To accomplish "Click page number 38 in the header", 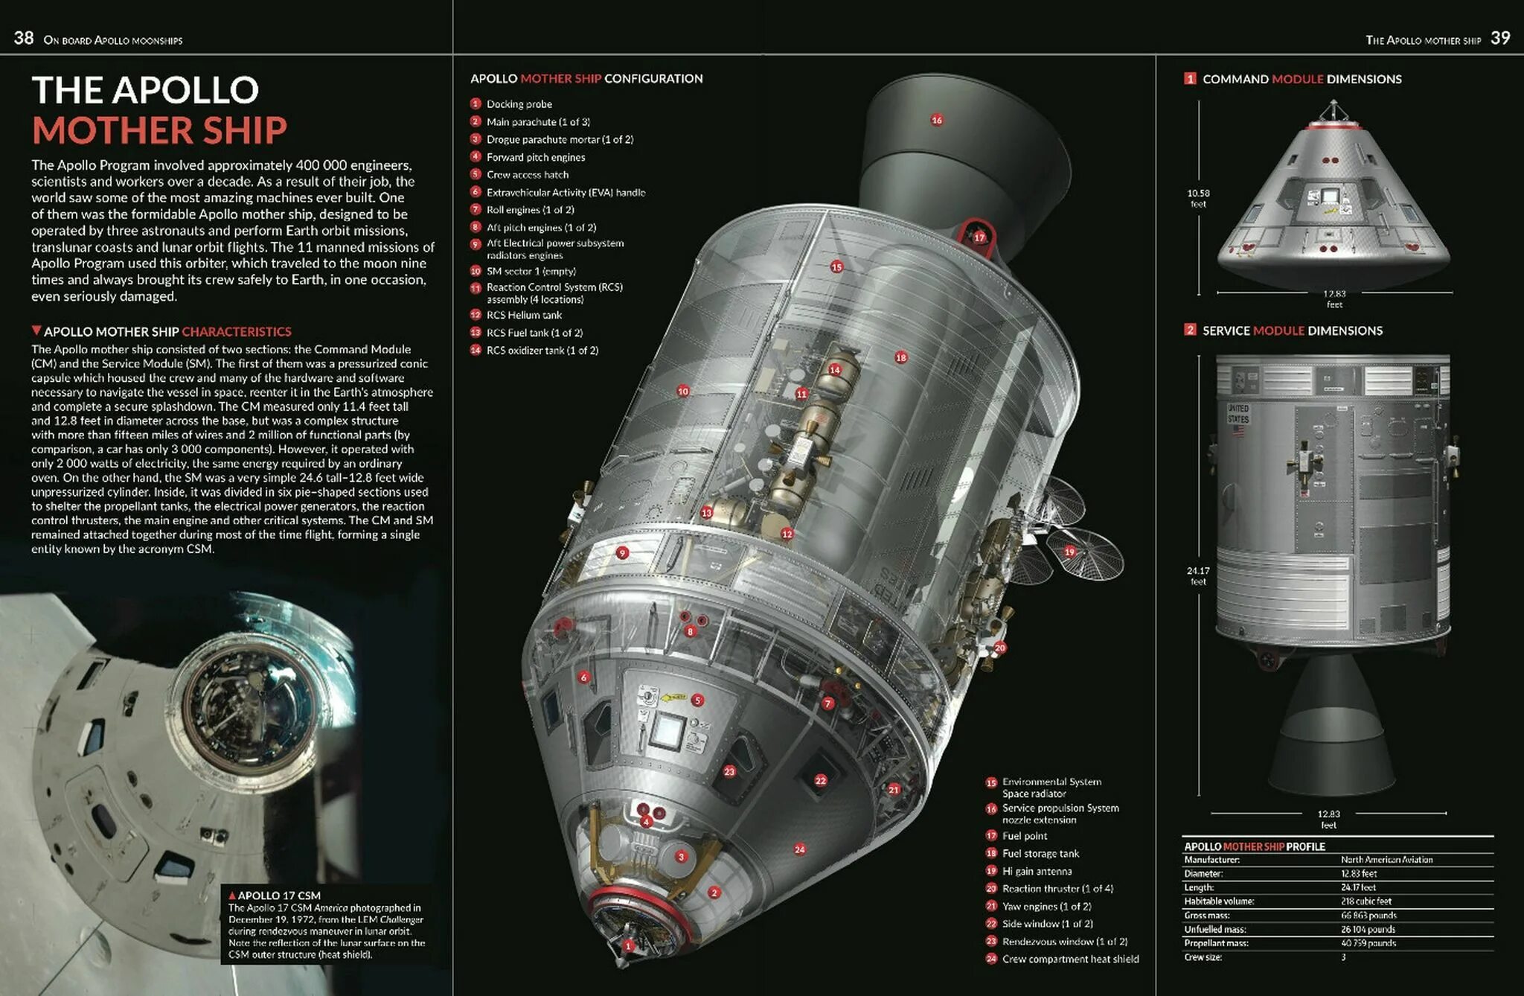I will click(24, 38).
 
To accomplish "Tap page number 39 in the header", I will click(1500, 38).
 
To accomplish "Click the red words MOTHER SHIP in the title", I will click(159, 130).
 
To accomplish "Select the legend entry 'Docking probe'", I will click(519, 104).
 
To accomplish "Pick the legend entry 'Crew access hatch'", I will click(527, 175).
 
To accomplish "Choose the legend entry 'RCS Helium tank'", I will click(524, 315).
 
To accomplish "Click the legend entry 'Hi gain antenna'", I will click(1037, 871).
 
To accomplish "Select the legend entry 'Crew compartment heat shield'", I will click(1070, 959).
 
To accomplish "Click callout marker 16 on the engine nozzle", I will click(937, 120).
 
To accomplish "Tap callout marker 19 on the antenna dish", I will click(1069, 552).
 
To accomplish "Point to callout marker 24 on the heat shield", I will click(799, 849).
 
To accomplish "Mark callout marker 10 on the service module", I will click(683, 391).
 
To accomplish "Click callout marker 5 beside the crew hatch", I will click(697, 700).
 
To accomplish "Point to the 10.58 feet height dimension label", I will click(1198, 198).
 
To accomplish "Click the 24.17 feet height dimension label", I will click(1198, 575).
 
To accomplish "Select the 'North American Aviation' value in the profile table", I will click(1386, 860).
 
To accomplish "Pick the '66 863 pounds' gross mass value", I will click(1368, 916).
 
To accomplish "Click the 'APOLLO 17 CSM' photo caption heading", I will click(278, 896).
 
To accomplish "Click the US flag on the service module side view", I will click(1238, 430).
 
